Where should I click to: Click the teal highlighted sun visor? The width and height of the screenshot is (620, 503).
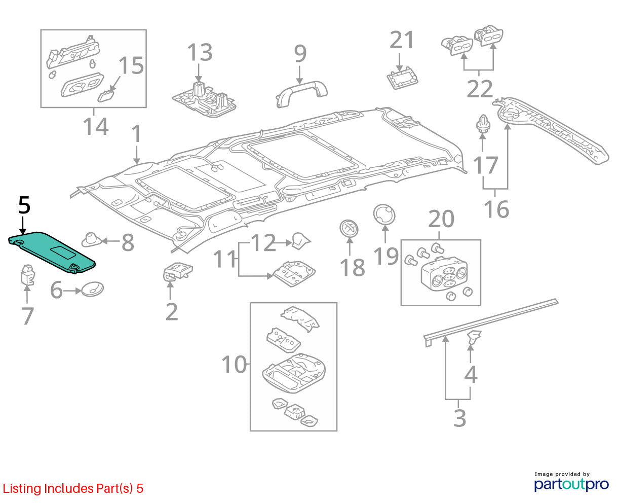51,252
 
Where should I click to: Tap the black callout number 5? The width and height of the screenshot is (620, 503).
24,205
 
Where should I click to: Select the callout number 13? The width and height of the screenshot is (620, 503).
200,52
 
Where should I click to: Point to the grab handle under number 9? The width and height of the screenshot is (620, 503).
301,93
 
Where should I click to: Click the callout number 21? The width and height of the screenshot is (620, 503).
401,40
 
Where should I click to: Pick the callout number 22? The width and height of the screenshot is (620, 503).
480,89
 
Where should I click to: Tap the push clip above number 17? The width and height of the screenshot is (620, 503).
483,124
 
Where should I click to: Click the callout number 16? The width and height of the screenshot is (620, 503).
496,209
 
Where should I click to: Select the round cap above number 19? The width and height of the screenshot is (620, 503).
384,215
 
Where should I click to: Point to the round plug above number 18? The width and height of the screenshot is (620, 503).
349,229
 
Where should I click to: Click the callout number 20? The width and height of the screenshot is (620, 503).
441,219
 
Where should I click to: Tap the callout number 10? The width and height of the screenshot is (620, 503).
235,365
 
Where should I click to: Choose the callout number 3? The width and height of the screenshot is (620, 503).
460,418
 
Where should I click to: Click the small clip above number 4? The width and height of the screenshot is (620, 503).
474,337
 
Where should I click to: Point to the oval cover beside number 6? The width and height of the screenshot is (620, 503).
92,289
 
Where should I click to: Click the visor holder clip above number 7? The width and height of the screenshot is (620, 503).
28,274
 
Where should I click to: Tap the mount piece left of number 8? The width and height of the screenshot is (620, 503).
92,239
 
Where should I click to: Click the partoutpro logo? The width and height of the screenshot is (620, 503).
571,482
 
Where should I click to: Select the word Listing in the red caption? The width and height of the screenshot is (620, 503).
22,489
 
